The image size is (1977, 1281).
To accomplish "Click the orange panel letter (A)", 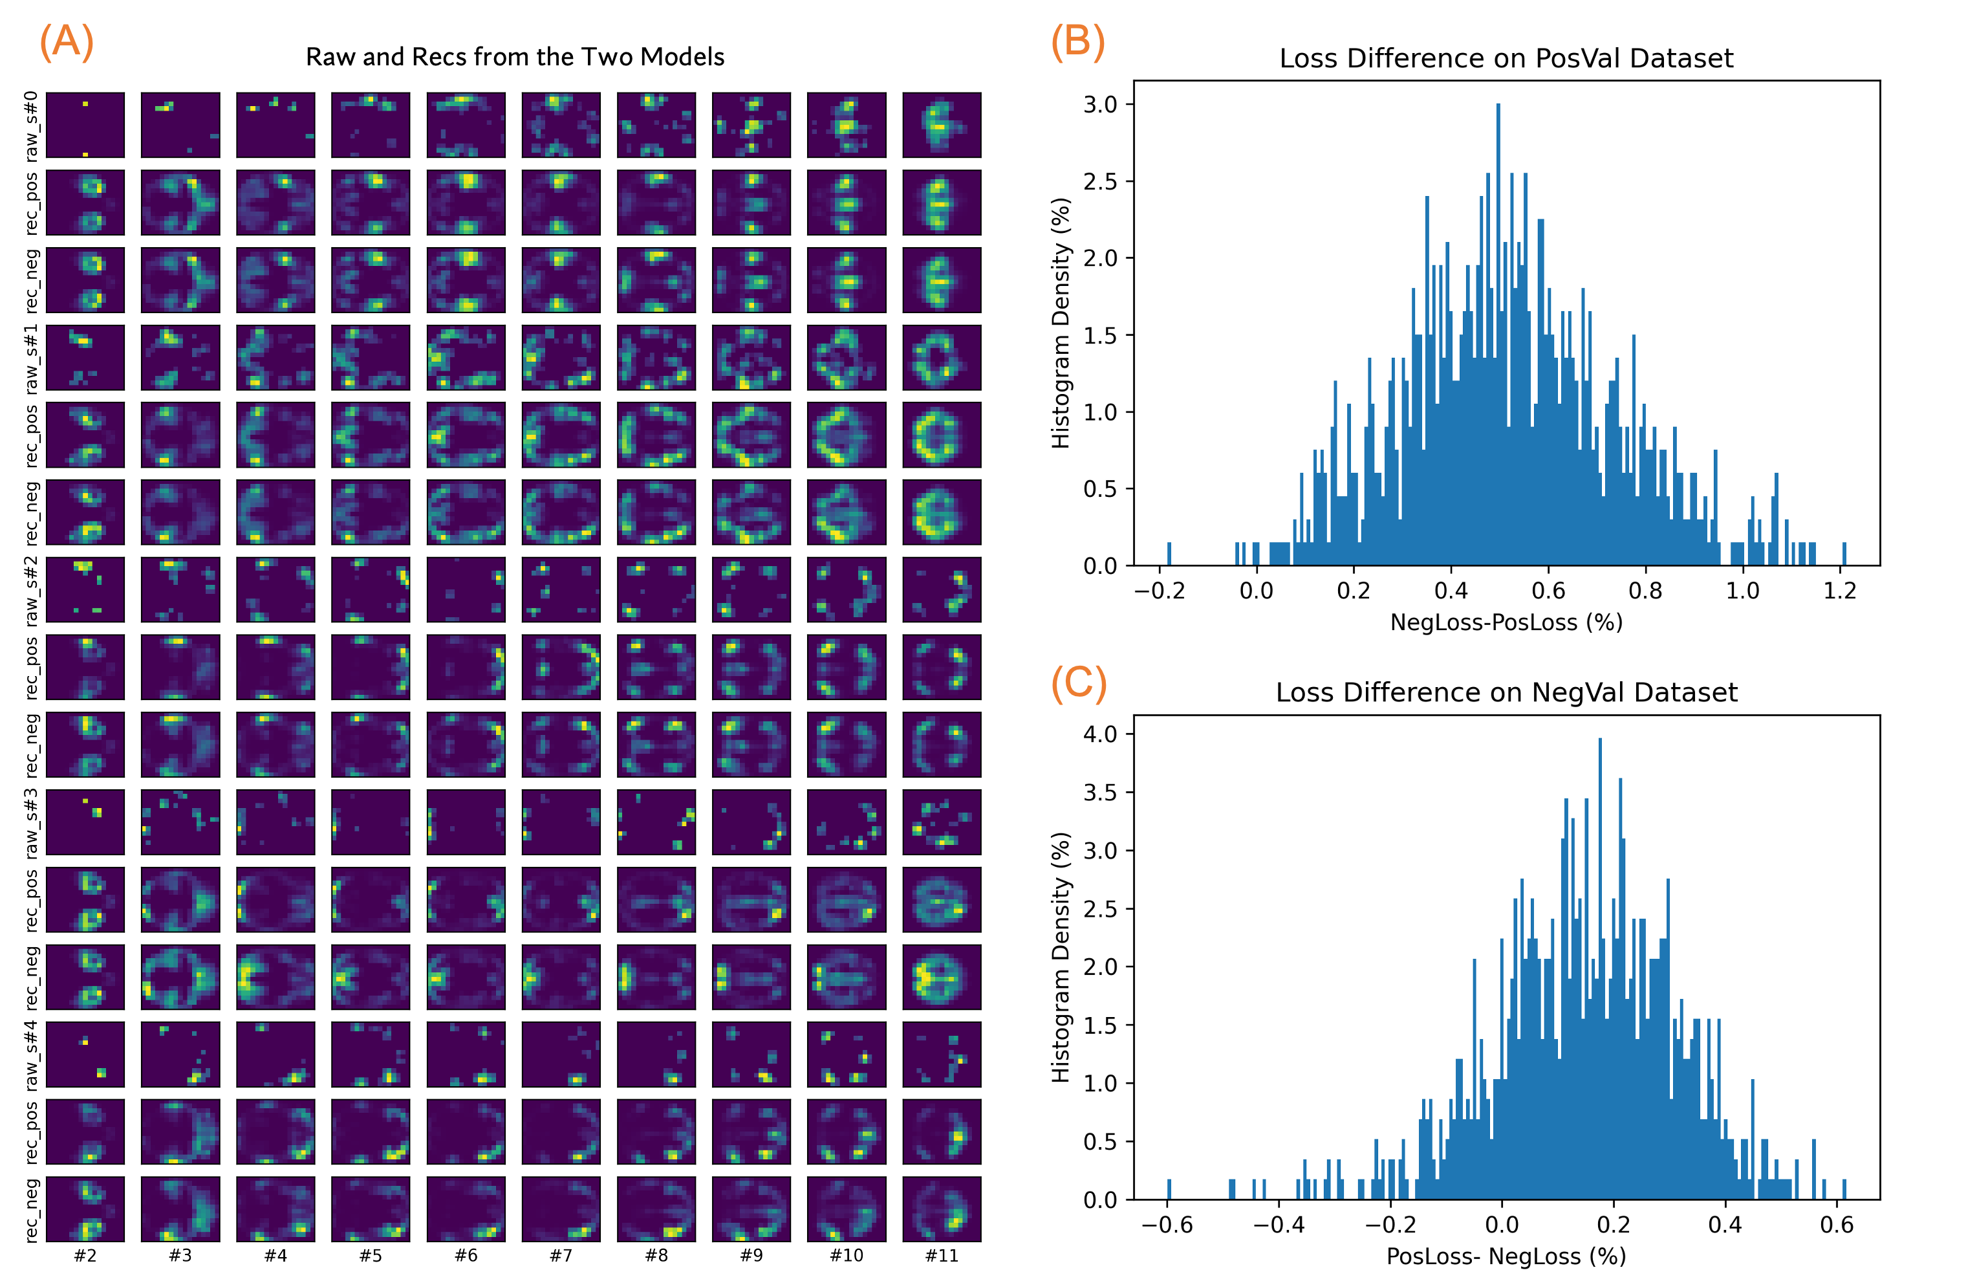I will (67, 41).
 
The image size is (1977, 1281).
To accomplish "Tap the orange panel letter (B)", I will (1077, 41).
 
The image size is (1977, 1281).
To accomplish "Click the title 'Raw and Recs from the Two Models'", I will (515, 56).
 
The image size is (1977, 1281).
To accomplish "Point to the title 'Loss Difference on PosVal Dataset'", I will (1506, 58).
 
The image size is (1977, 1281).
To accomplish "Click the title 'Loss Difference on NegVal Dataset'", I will (1506, 692).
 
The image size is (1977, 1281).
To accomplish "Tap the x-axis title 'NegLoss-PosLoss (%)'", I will (1506, 622).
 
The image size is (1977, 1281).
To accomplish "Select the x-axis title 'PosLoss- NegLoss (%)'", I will (1506, 1256).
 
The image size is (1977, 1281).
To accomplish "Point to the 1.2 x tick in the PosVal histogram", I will (1839, 591).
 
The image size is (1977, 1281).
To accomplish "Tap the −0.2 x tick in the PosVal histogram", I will (1160, 591).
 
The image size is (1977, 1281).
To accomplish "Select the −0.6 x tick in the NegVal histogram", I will (1167, 1225).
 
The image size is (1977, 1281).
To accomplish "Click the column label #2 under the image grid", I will (85, 1255).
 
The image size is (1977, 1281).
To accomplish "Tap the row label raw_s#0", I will (31, 126).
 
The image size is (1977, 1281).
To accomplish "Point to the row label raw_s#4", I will (31, 1055).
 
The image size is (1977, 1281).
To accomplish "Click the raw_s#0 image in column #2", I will (85, 126).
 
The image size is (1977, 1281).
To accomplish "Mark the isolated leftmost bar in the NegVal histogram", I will (1169, 1190).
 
